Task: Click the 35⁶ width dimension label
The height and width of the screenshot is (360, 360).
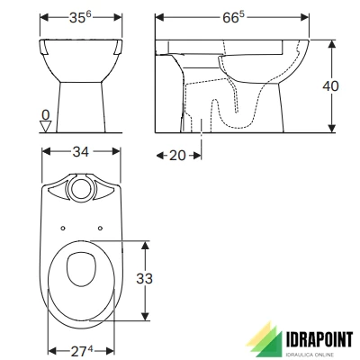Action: (x=82, y=18)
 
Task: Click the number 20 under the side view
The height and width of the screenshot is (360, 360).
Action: (x=177, y=155)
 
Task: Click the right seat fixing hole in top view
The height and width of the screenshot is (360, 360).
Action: (x=99, y=226)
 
